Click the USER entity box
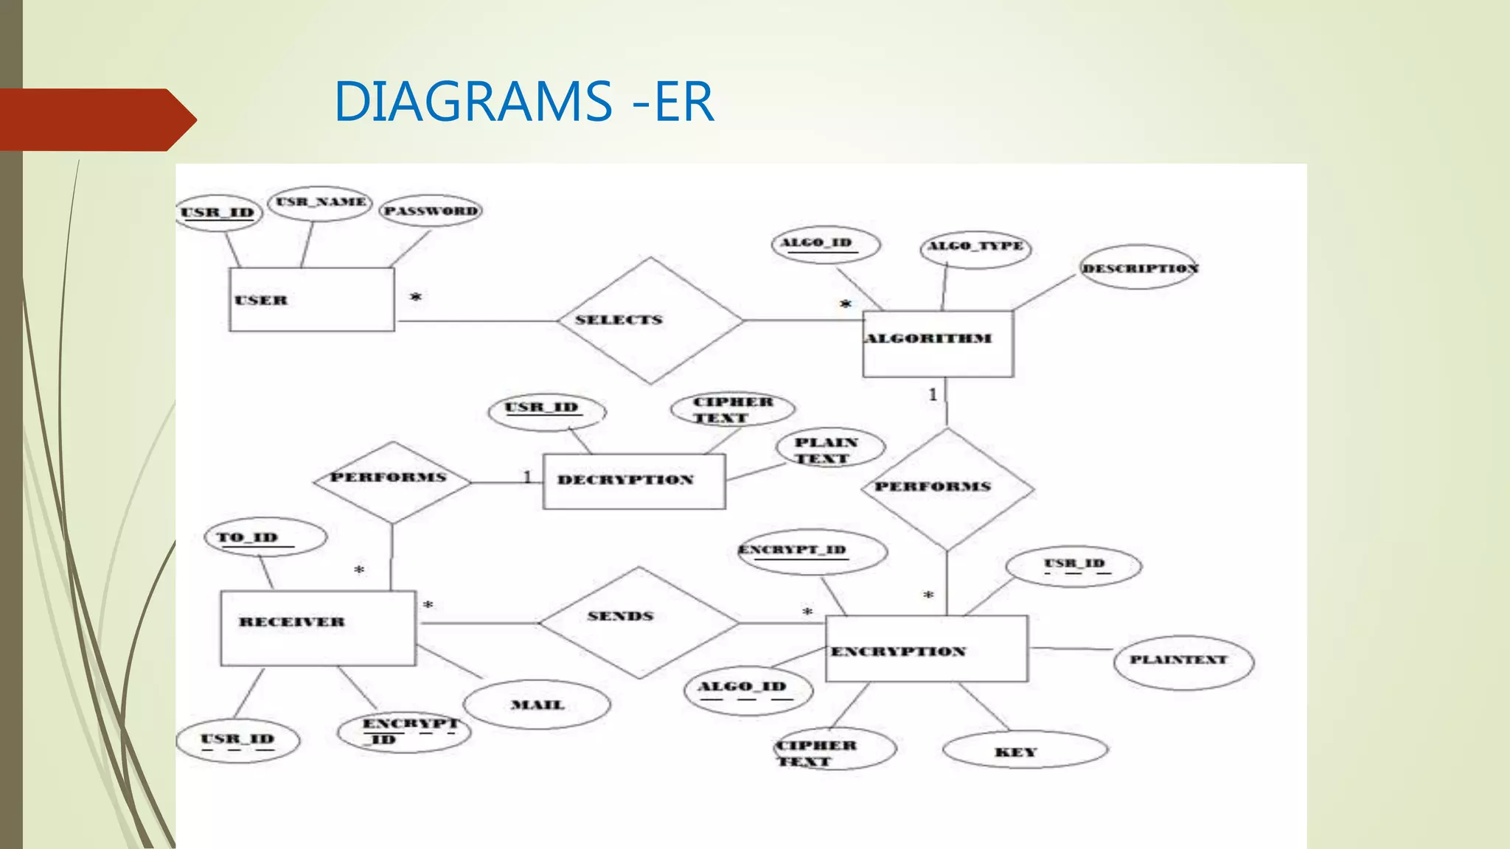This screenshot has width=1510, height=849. coord(312,299)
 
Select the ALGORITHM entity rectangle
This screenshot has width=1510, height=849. coord(938,343)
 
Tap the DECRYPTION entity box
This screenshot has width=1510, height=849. coord(634,481)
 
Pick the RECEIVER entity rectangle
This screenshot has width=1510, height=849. coord(318,628)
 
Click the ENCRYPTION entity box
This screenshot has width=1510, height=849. coord(926,649)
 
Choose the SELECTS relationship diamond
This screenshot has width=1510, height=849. coord(650,320)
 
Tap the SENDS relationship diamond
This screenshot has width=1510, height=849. coord(639,622)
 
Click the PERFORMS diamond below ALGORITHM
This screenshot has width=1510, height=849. coord(947,489)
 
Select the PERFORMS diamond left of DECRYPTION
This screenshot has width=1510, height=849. coord(392,482)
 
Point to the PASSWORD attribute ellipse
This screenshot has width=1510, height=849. coord(431,211)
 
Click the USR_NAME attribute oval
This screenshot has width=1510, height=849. coord(320,203)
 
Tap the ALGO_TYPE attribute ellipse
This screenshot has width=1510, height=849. coord(975,247)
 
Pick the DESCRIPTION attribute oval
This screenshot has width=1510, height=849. coord(1139,268)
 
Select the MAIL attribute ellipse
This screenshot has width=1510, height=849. coord(537,705)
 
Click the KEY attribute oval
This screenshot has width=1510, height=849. coord(1025,751)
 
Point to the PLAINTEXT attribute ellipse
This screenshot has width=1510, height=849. coord(1183,662)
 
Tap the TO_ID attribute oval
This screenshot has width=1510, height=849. coord(265,537)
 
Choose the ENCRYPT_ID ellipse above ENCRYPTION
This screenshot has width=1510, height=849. coord(812,551)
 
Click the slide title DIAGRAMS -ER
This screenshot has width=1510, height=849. coord(523,102)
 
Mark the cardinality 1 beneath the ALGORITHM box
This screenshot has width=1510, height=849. coord(933,395)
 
